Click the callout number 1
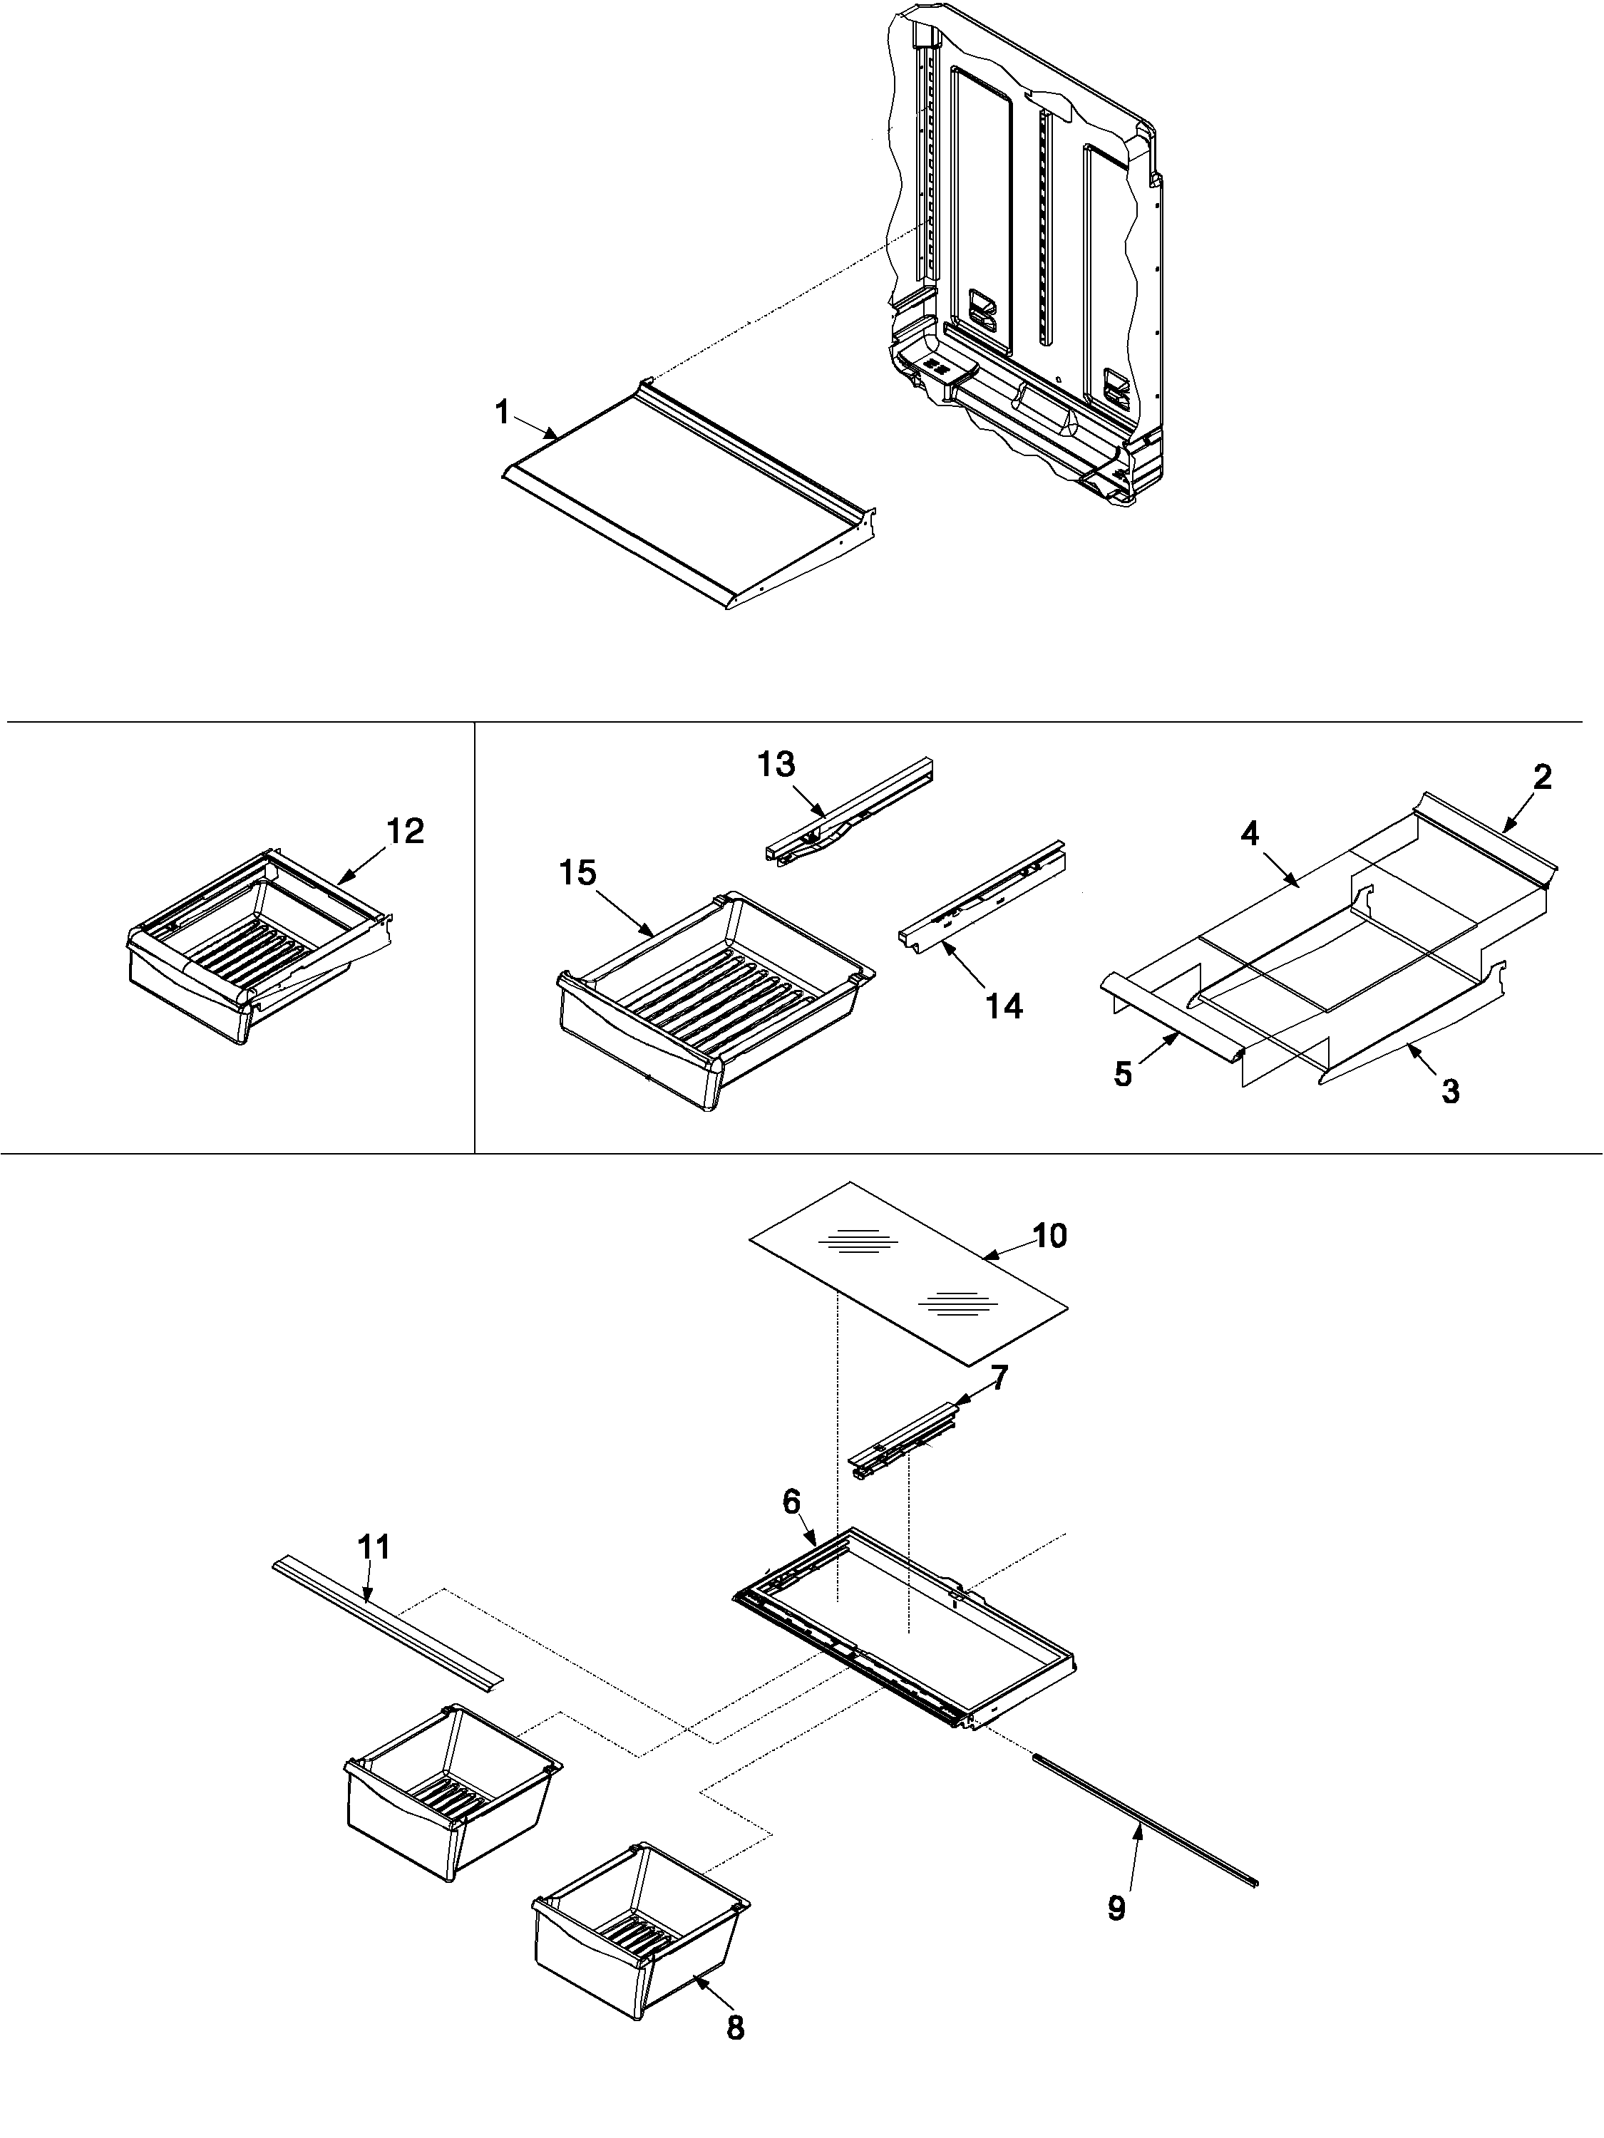[501, 413]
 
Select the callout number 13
[776, 765]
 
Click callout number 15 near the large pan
[578, 874]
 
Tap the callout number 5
[1123, 1074]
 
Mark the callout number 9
[1116, 1909]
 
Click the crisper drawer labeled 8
[638, 1972]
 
